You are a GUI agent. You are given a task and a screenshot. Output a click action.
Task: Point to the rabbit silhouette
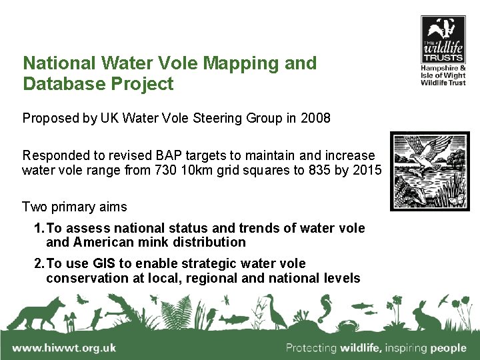[x=422, y=315]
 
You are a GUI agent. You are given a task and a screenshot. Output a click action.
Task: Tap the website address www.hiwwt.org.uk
[x=64, y=347]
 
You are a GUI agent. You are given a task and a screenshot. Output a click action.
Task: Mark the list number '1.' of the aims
[x=39, y=228]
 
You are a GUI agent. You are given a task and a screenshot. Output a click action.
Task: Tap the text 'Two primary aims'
[x=74, y=207]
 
